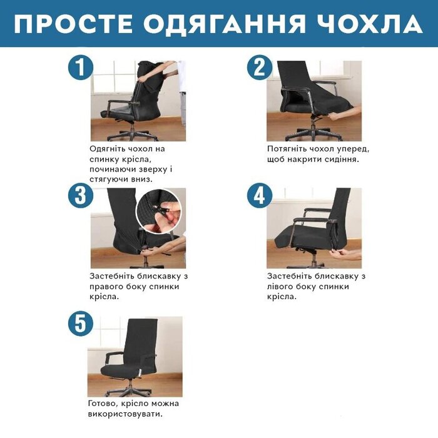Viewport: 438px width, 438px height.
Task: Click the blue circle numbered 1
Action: click(x=81, y=68)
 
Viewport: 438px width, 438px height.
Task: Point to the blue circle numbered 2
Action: click(x=260, y=68)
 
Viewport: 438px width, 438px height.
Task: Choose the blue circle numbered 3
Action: click(x=81, y=195)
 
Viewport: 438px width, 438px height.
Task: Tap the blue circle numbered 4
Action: click(x=260, y=195)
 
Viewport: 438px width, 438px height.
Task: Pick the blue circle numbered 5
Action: click(x=81, y=323)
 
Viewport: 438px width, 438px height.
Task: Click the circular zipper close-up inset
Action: click(x=159, y=211)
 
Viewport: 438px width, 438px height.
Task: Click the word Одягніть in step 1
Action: click(x=107, y=150)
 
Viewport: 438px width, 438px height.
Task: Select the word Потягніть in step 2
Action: click(x=285, y=150)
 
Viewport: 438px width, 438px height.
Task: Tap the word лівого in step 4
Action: click(x=280, y=287)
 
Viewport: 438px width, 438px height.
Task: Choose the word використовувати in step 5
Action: click(x=125, y=414)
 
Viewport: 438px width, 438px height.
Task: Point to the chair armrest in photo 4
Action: click(x=313, y=220)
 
